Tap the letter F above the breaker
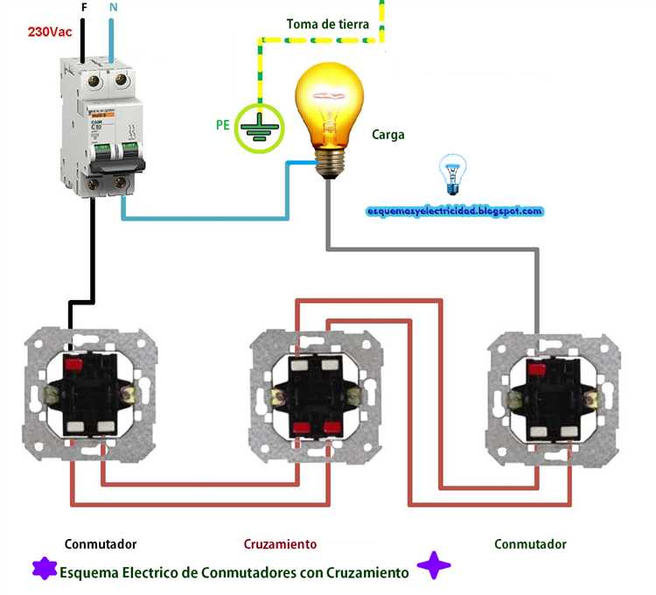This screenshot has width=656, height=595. pos(83,8)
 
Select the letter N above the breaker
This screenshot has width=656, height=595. pos(113,8)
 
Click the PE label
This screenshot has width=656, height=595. pos(223,125)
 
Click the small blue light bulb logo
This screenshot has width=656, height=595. pos(451,173)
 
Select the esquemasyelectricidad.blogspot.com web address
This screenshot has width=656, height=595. pos(455,211)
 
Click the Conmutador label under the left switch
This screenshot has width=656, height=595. pos(101,544)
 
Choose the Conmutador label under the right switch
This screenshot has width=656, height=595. pos(530,544)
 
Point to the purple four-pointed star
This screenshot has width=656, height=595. pos(433,566)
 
